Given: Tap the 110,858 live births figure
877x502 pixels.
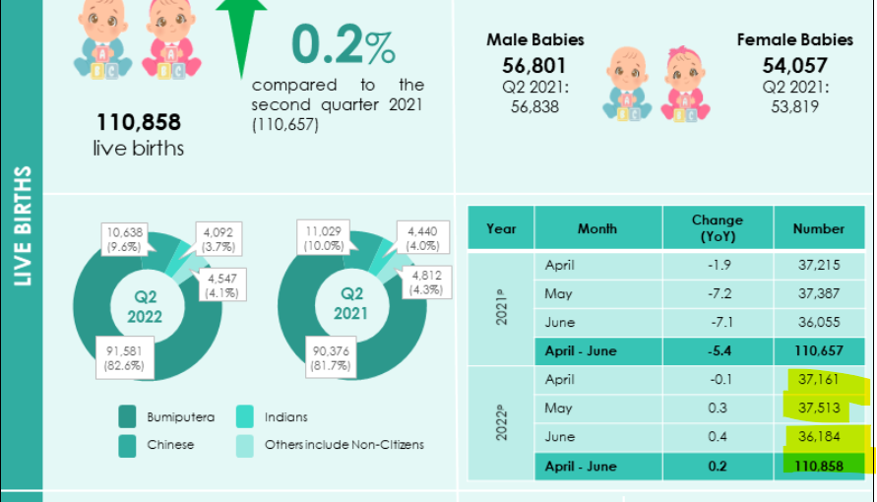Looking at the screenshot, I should click(x=139, y=123).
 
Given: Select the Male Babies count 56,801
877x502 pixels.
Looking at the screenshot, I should click(x=534, y=66).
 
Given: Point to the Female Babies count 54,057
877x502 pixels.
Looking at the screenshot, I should click(x=796, y=66).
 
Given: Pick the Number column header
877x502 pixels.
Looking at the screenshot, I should click(x=818, y=228).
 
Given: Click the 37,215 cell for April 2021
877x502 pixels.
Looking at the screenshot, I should click(x=818, y=266).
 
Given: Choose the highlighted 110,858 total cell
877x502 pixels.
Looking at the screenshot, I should click(x=818, y=466).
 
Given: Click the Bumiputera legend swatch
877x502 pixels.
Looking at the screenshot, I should click(x=128, y=417).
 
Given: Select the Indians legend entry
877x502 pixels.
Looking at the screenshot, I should click(x=285, y=417).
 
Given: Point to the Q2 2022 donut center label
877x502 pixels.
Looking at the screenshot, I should click(x=145, y=306).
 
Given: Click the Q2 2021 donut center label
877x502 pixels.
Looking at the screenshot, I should click(x=351, y=303).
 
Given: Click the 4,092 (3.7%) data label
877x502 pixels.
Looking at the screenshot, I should click(x=216, y=239).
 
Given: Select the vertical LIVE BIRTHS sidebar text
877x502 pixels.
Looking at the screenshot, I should click(x=23, y=226).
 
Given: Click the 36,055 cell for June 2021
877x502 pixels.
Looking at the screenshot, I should click(x=818, y=323).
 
